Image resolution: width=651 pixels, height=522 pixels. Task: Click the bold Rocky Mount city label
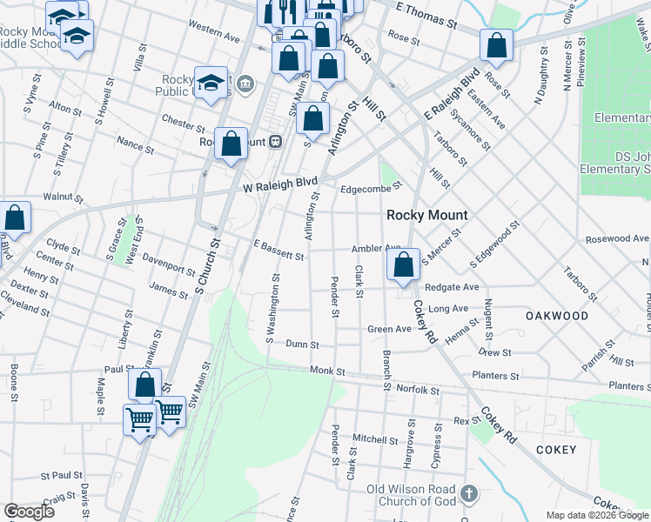pos(426,215)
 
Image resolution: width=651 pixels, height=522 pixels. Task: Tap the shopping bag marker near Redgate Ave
pos(403,264)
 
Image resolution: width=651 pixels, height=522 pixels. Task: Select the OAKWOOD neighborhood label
pos(557,316)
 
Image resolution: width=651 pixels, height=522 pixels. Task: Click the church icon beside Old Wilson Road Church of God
pos(469,494)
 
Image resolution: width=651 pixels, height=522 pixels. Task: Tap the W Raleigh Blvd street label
pos(279,186)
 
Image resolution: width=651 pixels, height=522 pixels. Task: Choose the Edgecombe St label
pos(372,185)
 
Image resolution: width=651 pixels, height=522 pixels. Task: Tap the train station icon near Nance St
pos(275,141)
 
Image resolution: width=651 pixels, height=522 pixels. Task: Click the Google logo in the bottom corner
pos(29,512)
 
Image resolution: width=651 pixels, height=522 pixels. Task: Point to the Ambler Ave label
pos(375,249)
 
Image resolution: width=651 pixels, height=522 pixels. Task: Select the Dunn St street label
pos(302,345)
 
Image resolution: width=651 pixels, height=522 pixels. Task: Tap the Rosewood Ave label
pos(617,238)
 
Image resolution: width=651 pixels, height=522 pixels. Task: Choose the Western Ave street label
pos(213,33)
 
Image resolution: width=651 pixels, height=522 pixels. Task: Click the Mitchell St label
pos(375,438)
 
